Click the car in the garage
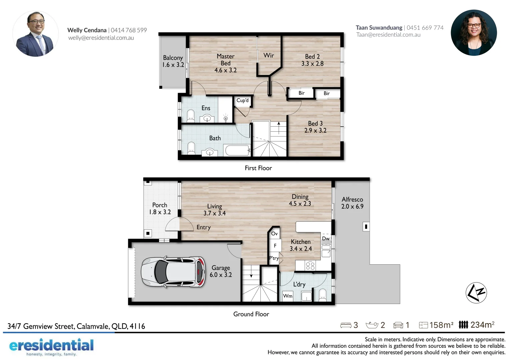pyautogui.click(x=173, y=272)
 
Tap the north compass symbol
pyautogui.click(x=476, y=293)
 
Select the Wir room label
pyautogui.click(x=269, y=55)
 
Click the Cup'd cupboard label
pyautogui.click(x=242, y=100)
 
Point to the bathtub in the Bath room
pyautogui.click(x=237, y=150)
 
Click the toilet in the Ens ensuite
pyautogui.click(x=191, y=116)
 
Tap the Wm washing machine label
pyautogui.click(x=288, y=296)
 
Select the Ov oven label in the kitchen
pyautogui.click(x=274, y=234)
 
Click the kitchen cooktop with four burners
pyautogui.click(x=310, y=266)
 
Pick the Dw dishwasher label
pyautogui.click(x=326, y=239)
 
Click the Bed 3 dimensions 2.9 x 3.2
pyautogui.click(x=315, y=130)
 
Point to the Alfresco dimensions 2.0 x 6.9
pyautogui.click(x=352, y=206)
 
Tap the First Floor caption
pyautogui.click(x=258, y=168)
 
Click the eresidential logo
pyautogui.click(x=51, y=346)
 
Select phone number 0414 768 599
pyautogui.click(x=129, y=30)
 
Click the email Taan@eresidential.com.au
pyautogui.click(x=388, y=35)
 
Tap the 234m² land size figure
pyautogui.click(x=482, y=325)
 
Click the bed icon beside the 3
pyautogui.click(x=346, y=325)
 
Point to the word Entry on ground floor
pyautogui.click(x=204, y=227)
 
